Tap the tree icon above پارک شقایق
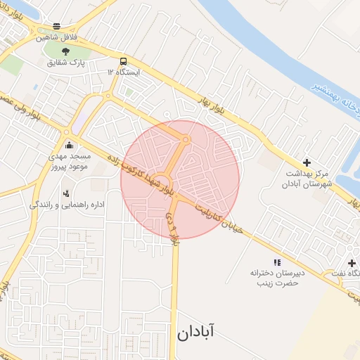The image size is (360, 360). [x=66, y=51]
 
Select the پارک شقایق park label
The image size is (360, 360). [x=66, y=63]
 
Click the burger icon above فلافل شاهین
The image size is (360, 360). [x=56, y=26]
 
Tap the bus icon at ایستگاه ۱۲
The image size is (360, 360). [x=124, y=61]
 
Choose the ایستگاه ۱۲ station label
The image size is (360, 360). [x=124, y=72]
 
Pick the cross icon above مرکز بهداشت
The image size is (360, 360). [x=307, y=162]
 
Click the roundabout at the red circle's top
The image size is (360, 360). [x=186, y=141]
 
